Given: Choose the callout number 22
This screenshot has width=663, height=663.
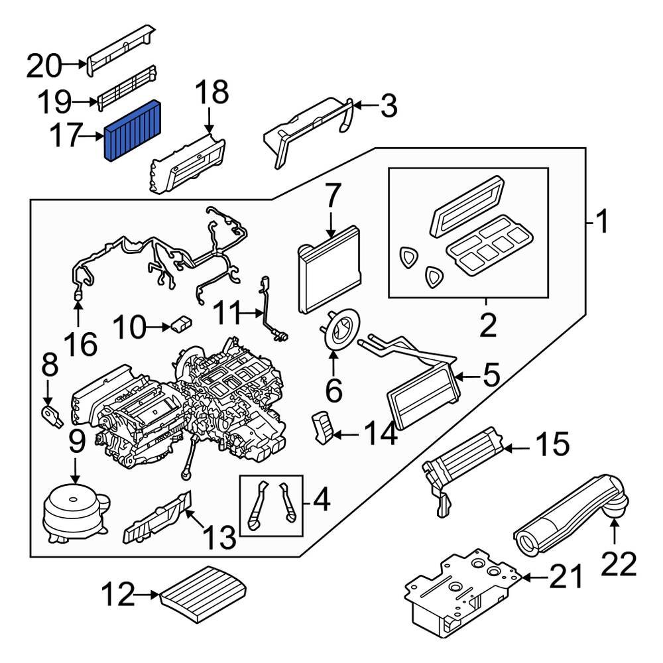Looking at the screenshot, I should click(x=618, y=564).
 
